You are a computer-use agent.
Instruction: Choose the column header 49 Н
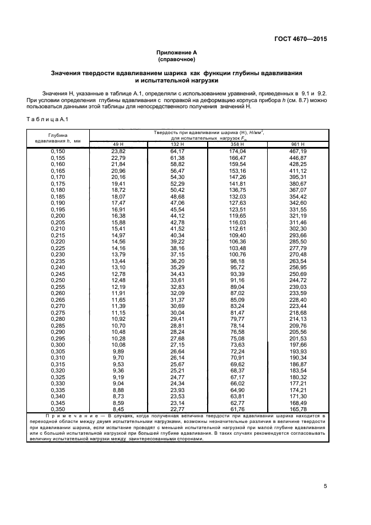118,145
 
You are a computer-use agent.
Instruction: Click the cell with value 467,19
298,151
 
